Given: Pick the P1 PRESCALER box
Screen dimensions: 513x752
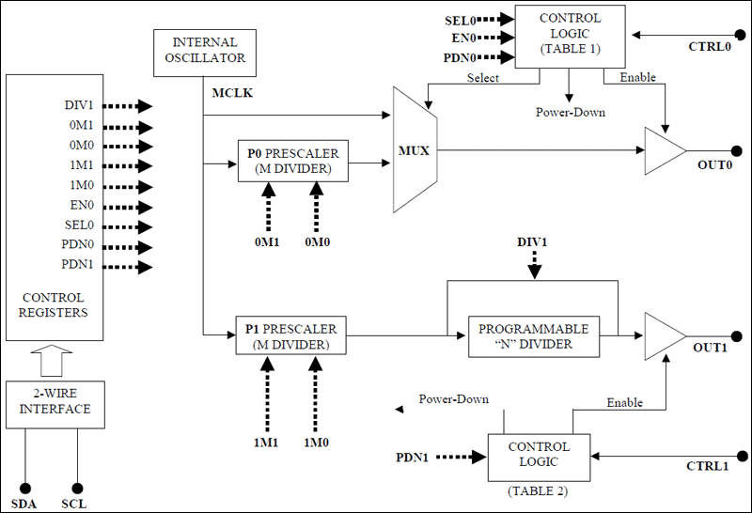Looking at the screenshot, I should coord(293,335).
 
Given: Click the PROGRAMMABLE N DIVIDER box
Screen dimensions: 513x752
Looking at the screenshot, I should coord(534,335).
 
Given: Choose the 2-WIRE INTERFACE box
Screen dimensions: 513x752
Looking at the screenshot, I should coord(55,402).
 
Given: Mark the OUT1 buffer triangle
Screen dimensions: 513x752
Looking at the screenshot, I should coord(664,335).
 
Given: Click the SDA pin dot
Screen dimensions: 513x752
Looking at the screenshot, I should coord(26,489).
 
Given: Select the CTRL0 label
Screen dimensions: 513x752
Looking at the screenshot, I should coord(708,45).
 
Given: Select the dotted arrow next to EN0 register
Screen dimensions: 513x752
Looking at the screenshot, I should coord(126,207).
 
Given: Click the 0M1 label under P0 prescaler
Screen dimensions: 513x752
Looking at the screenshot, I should coord(267,241).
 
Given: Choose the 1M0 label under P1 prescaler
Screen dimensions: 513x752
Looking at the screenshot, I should coord(317,442).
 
